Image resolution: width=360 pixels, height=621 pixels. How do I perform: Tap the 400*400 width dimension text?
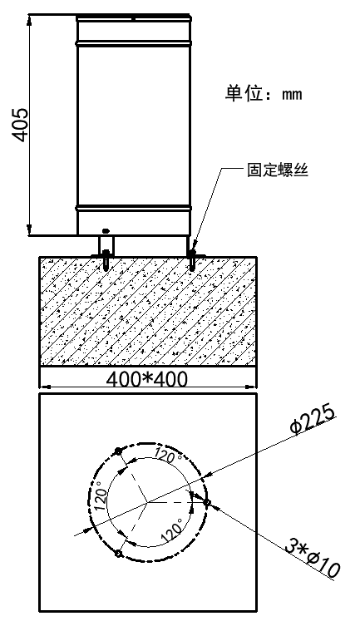click(x=147, y=379)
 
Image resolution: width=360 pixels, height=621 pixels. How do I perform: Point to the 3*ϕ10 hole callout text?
click(x=313, y=559)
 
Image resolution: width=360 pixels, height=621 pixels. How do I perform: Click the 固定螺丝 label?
click(x=278, y=170)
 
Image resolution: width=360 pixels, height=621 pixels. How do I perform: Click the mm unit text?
click(x=292, y=95)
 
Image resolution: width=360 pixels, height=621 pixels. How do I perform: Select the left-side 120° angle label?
click(x=100, y=495)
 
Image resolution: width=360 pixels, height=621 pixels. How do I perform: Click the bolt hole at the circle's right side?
click(x=207, y=502)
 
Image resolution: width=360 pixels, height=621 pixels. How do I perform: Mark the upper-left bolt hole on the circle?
click(x=117, y=451)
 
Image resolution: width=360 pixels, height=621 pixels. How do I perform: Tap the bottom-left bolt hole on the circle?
click(x=117, y=554)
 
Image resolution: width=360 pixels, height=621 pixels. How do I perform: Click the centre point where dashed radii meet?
click(x=147, y=503)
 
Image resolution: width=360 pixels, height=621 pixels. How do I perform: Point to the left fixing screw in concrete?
click(x=106, y=259)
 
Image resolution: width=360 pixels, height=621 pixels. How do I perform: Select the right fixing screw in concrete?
click(x=192, y=259)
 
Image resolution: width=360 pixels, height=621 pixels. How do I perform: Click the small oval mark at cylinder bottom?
click(x=106, y=230)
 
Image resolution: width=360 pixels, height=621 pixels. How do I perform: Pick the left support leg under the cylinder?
click(x=106, y=245)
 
